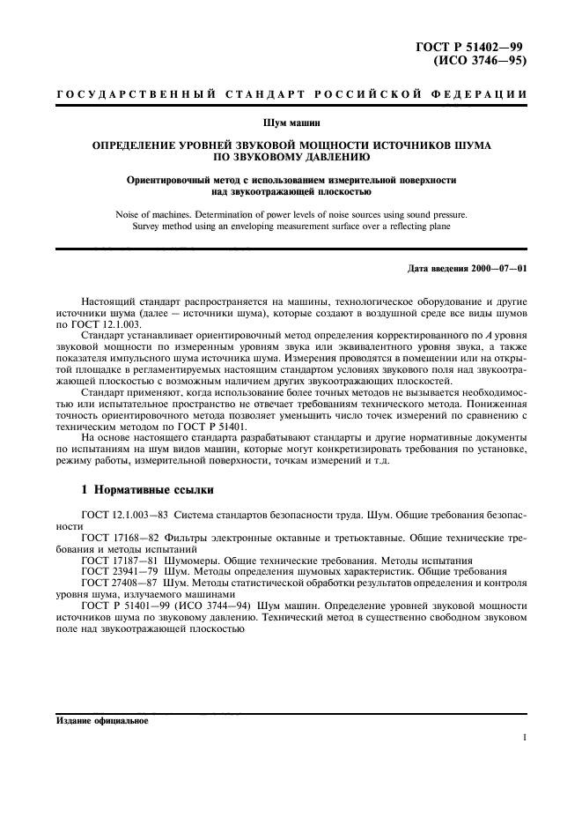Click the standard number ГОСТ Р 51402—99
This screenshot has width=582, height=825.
click(x=478, y=48)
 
